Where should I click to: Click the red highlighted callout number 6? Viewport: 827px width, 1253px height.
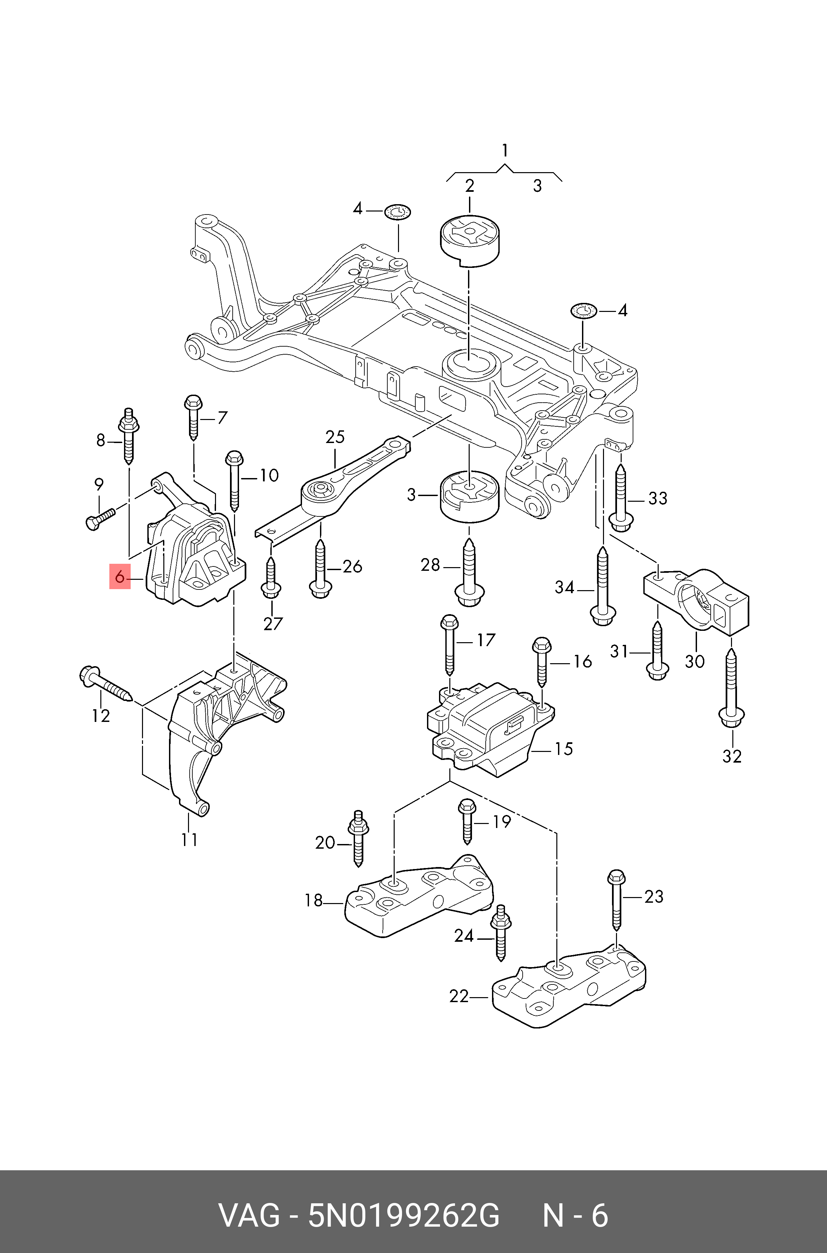pyautogui.click(x=119, y=577)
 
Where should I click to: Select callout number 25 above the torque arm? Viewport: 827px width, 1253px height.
pyautogui.click(x=335, y=437)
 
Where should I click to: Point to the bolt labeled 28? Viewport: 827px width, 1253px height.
pyautogui.click(x=469, y=573)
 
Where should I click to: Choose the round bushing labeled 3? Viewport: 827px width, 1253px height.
pyautogui.click(x=469, y=498)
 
